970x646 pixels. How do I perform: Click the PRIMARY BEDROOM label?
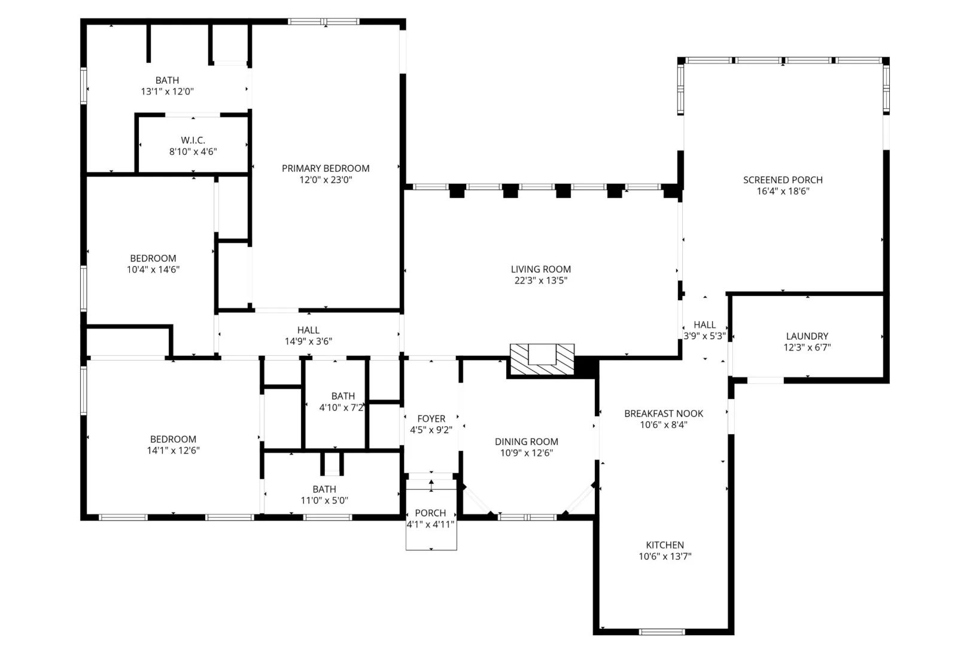(x=326, y=169)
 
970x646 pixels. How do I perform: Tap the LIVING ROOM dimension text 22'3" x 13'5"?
(x=540, y=281)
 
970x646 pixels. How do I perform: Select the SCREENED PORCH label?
(x=783, y=180)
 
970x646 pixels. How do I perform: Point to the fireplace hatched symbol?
(x=542, y=359)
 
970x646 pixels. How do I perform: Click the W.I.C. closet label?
(x=193, y=141)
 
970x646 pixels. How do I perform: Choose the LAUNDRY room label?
(x=807, y=336)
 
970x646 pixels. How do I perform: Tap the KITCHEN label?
(x=665, y=545)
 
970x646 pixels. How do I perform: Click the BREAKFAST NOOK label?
(x=664, y=413)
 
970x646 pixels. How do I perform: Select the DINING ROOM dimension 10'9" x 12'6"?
(x=527, y=453)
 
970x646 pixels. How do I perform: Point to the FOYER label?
(x=431, y=419)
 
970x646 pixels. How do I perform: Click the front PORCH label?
(x=430, y=513)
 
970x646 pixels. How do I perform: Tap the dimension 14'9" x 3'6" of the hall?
(x=308, y=341)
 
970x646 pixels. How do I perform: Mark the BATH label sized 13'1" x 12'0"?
(x=167, y=81)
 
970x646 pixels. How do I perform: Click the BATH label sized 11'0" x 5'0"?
(x=324, y=489)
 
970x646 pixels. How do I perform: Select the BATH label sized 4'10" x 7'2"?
(x=343, y=396)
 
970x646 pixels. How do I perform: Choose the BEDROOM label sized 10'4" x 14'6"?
(x=153, y=258)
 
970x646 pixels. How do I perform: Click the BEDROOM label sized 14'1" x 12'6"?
(x=173, y=439)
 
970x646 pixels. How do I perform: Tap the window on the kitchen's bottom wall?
(x=662, y=632)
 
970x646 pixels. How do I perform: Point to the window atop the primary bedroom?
(x=324, y=22)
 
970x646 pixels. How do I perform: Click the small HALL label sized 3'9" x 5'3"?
(x=704, y=325)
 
